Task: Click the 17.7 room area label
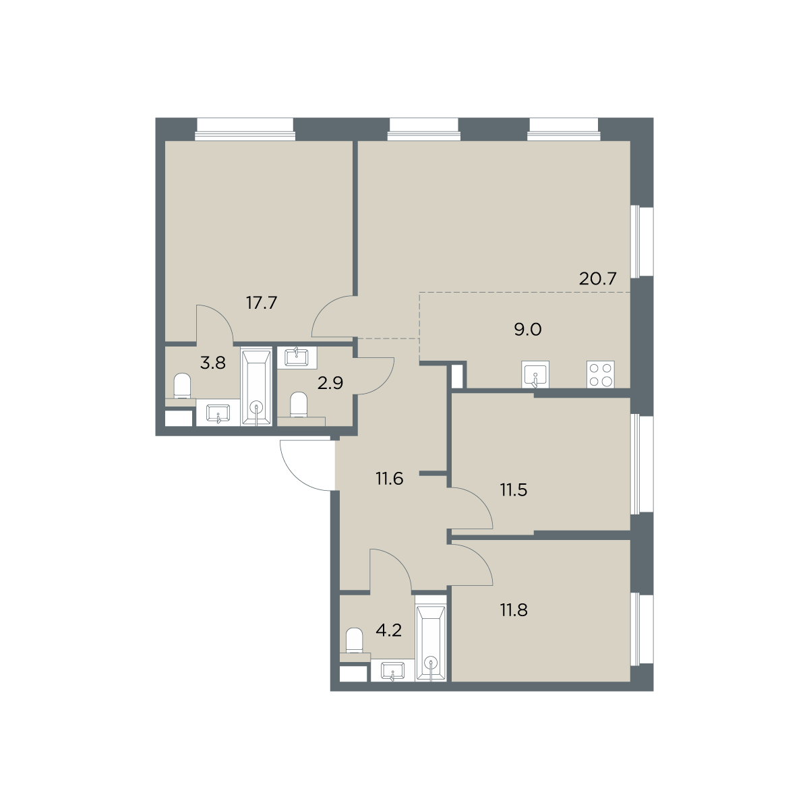pyautogui.click(x=262, y=303)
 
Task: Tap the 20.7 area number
pyautogui.click(x=597, y=278)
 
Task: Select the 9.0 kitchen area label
pyautogui.click(x=528, y=330)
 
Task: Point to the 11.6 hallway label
pyautogui.click(x=390, y=478)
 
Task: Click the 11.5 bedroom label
pyautogui.click(x=514, y=490)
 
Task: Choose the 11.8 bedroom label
pyautogui.click(x=514, y=610)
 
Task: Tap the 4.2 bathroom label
pyautogui.click(x=389, y=642)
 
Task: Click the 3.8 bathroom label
pyautogui.click(x=213, y=363)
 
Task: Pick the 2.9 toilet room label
pyautogui.click(x=330, y=383)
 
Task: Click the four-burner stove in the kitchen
pyautogui.click(x=601, y=374)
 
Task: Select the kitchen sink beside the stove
pyautogui.click(x=535, y=374)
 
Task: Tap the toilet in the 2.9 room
pyautogui.click(x=299, y=404)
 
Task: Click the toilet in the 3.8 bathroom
pyautogui.click(x=182, y=386)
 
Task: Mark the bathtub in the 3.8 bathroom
pyautogui.click(x=256, y=387)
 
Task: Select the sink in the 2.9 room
pyautogui.click(x=297, y=358)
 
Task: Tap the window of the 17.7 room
pyautogui.click(x=245, y=129)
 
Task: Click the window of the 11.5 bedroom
pyautogui.click(x=642, y=463)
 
